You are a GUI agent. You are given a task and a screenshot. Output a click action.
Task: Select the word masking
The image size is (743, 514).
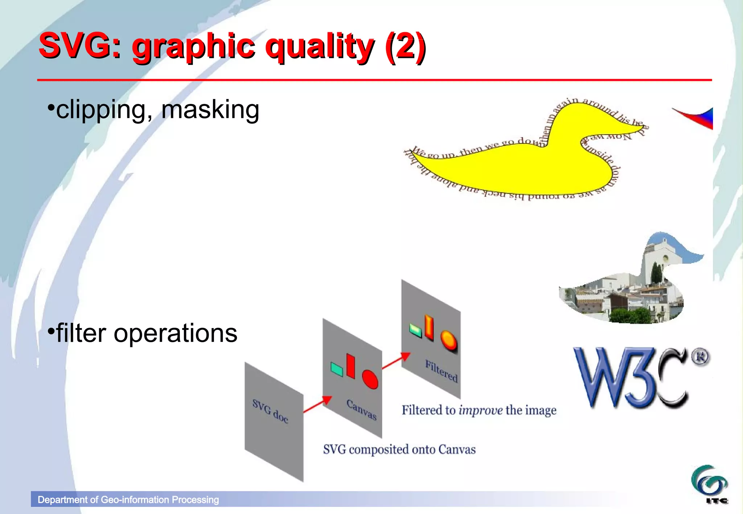[210, 109]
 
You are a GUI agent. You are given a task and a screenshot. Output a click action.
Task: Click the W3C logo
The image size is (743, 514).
[631, 377]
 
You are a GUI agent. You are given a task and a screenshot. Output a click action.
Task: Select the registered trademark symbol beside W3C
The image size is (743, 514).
[700, 357]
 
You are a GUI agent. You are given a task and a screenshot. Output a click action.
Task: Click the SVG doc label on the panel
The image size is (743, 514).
[270, 411]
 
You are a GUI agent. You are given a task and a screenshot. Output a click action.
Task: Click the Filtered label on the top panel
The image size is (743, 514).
[441, 371]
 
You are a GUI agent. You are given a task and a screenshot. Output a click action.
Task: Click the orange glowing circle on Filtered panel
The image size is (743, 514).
[448, 340]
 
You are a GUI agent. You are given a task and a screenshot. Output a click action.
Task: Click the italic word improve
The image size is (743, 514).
[480, 410]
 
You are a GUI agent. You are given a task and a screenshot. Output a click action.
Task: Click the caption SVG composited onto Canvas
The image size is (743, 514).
[399, 449]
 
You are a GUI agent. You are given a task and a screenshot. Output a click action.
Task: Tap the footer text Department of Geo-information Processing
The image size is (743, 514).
[128, 500]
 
